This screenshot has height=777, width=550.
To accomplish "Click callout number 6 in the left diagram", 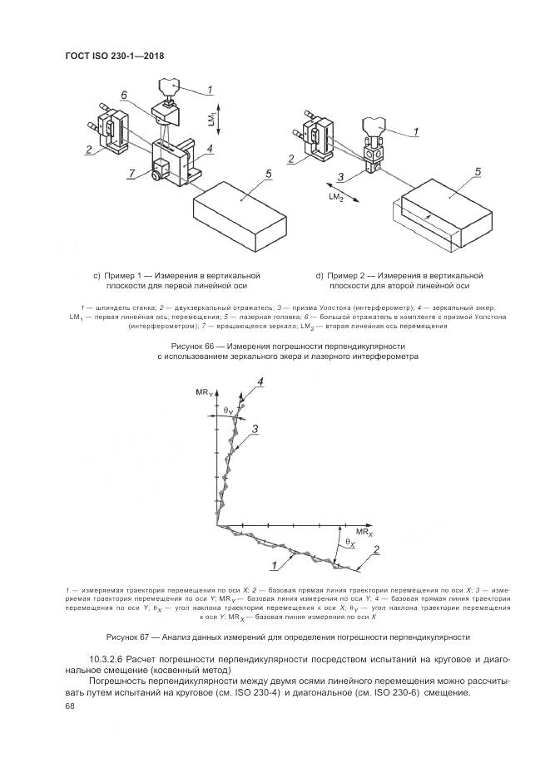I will (124, 96).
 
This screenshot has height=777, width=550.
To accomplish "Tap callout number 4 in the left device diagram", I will (210, 150).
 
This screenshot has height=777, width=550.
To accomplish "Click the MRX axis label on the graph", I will (364, 529).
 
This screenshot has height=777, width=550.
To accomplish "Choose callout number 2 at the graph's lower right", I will (376, 549).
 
